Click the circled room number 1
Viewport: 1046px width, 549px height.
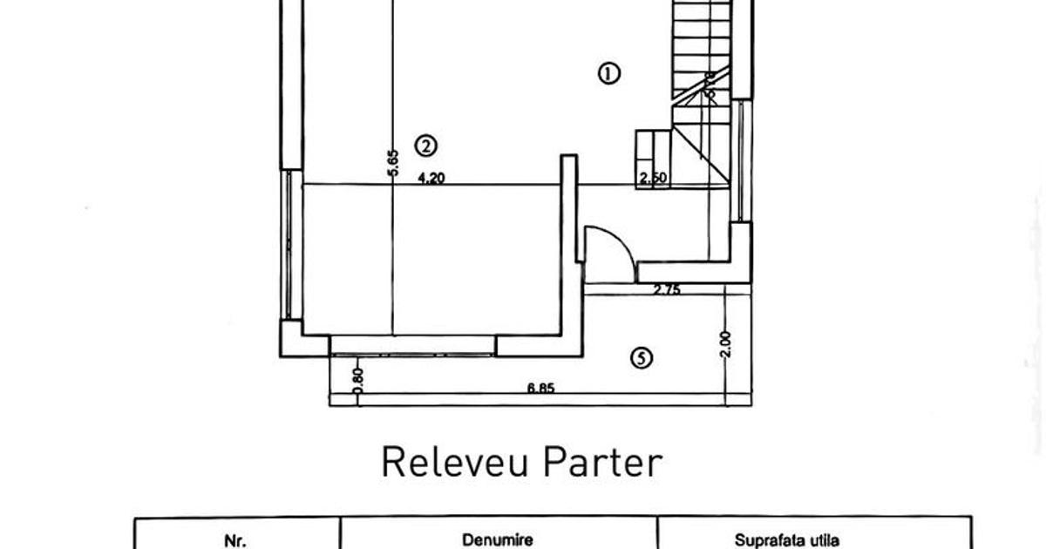click(608, 72)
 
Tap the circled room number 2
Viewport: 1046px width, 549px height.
click(425, 146)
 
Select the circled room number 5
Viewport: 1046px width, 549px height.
click(642, 356)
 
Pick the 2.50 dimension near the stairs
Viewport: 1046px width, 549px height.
click(653, 179)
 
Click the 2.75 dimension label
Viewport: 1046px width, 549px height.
click(667, 291)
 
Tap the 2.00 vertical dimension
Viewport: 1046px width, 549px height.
click(727, 343)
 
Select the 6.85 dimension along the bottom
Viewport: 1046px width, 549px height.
click(540, 389)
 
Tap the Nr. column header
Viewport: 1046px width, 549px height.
click(235, 541)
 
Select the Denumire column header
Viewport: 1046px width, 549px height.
click(498, 541)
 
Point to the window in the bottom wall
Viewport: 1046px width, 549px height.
click(412, 346)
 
